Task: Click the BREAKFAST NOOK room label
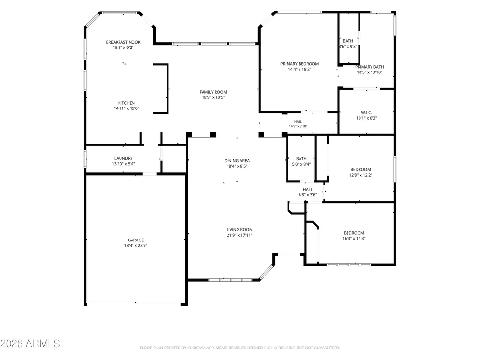123,42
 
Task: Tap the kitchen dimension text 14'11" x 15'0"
126,108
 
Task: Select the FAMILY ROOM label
213,92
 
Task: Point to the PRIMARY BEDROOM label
300,64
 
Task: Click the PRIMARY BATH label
370,67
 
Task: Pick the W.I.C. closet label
366,113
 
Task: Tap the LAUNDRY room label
123,158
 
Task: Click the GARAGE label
136,240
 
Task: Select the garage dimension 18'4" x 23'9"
136,245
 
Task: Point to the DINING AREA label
237,161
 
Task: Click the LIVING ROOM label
240,230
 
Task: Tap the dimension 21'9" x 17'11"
240,235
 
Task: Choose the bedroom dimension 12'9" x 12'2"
360,175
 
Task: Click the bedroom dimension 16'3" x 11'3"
354,239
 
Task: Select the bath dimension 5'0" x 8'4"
301,164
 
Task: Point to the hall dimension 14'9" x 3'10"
298,126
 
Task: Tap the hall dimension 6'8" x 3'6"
308,195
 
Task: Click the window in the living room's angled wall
266,273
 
